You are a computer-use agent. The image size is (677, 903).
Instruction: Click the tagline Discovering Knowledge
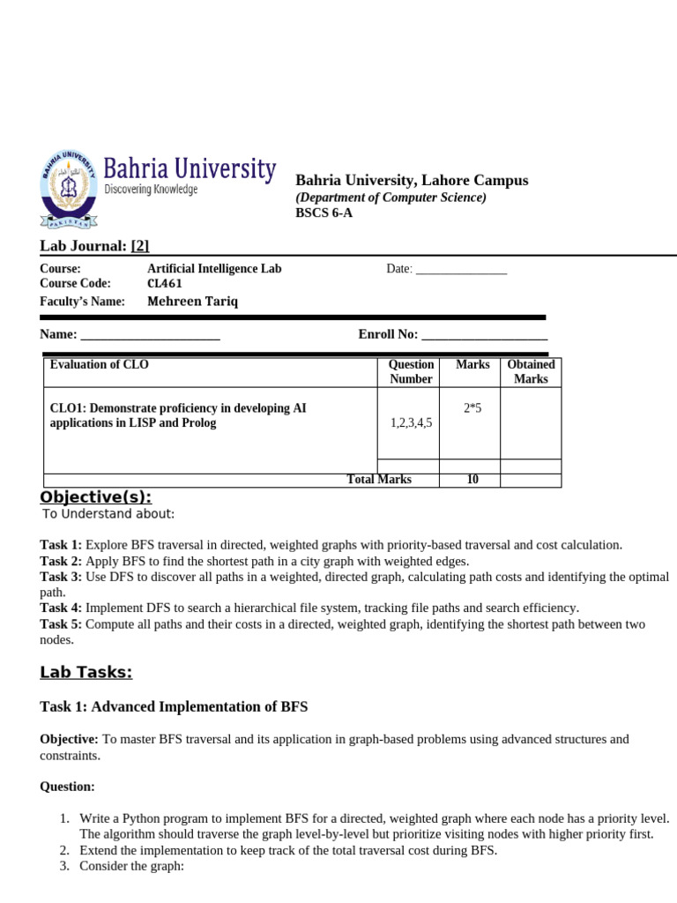151,190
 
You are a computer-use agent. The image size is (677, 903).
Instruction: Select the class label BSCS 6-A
324,213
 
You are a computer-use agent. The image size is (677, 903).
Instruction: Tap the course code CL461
167,284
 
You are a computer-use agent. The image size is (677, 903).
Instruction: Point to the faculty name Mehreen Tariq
192,302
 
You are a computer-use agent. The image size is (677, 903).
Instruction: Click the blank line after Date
461,270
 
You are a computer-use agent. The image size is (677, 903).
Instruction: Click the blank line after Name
150,335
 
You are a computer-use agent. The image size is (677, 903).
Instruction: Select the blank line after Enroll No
485,335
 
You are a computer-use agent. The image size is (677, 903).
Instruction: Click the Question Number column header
412,371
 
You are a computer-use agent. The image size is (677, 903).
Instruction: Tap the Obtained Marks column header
531,371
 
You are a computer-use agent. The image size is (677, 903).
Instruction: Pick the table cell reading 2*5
472,408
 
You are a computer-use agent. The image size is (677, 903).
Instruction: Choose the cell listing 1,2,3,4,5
412,423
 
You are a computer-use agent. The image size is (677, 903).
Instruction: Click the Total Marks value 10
472,481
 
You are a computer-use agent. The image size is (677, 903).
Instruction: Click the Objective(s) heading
95,496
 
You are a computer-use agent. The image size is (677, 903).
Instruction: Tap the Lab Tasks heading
86,673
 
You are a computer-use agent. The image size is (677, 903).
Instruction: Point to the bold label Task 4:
61,608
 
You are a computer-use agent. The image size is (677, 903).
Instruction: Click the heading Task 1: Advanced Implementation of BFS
174,706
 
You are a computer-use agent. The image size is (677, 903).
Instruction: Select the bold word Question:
67,786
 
